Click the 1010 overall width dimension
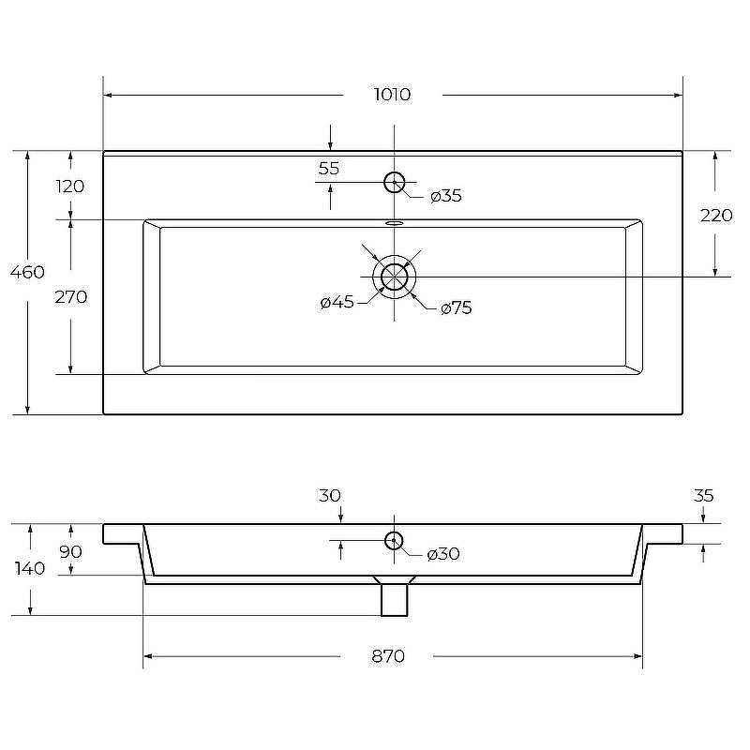pyautogui.click(x=392, y=95)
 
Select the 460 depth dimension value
pyautogui.click(x=27, y=272)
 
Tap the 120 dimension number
pyautogui.click(x=69, y=186)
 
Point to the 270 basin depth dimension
pyautogui.click(x=71, y=297)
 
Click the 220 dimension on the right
pyautogui.click(x=716, y=216)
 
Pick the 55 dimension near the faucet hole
pyautogui.click(x=329, y=169)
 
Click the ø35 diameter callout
pyautogui.click(x=446, y=196)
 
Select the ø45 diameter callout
pyautogui.click(x=337, y=302)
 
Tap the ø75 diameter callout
pyautogui.click(x=457, y=307)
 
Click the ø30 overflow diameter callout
pyautogui.click(x=442, y=554)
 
